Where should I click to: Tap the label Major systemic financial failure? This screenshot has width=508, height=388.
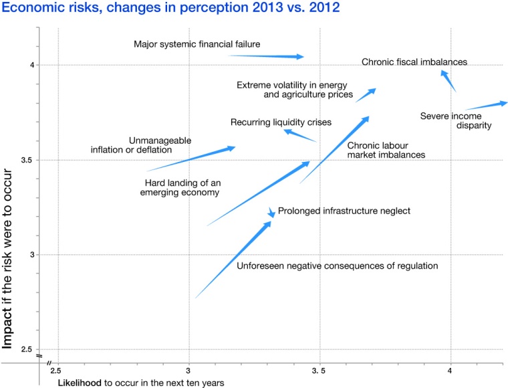(197, 45)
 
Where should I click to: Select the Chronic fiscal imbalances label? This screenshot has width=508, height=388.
(414, 62)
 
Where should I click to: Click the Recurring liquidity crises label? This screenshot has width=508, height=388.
(281, 122)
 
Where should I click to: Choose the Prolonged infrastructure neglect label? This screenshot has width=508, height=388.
(343, 211)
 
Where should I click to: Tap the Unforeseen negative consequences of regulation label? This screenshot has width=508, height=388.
(338, 266)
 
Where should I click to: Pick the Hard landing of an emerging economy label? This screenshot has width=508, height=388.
(182, 187)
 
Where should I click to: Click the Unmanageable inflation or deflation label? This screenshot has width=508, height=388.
(141, 145)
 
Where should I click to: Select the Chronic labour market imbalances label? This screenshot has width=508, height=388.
(386, 150)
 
